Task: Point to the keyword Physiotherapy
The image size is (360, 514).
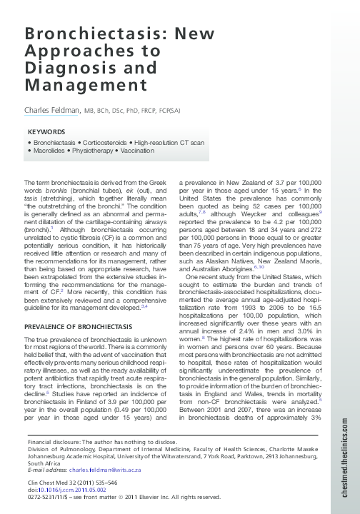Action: click(94, 151)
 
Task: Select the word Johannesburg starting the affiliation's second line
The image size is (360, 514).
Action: click(45, 457)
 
